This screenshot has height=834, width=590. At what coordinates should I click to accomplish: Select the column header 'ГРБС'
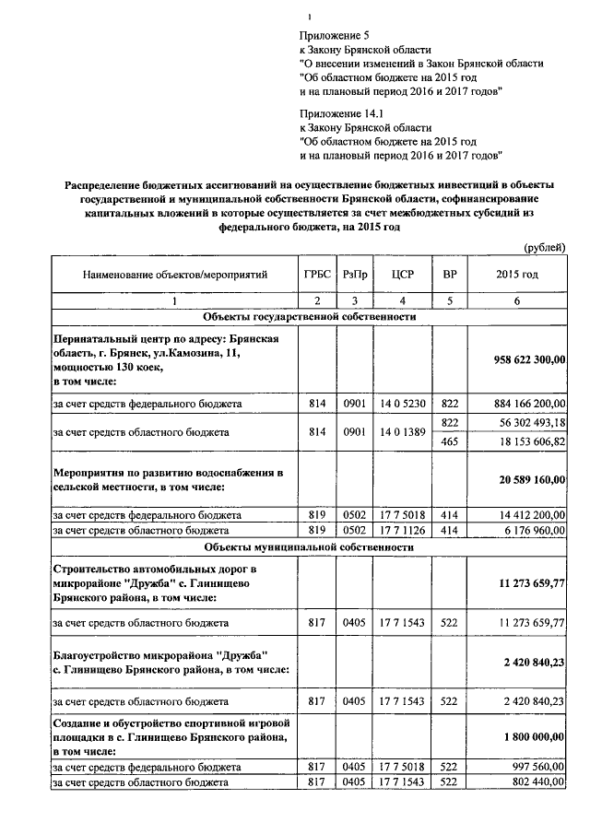click(316, 275)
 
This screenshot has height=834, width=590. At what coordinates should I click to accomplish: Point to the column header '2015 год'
click(517, 275)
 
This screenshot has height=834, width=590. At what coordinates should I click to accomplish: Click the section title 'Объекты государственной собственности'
click(310, 316)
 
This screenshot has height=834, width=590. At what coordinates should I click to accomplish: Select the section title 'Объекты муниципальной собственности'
click(310, 546)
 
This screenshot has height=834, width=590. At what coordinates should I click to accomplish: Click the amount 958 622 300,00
click(529, 359)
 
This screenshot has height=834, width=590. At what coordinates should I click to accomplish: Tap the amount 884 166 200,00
click(529, 403)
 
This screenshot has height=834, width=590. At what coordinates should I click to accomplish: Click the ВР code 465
click(450, 441)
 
